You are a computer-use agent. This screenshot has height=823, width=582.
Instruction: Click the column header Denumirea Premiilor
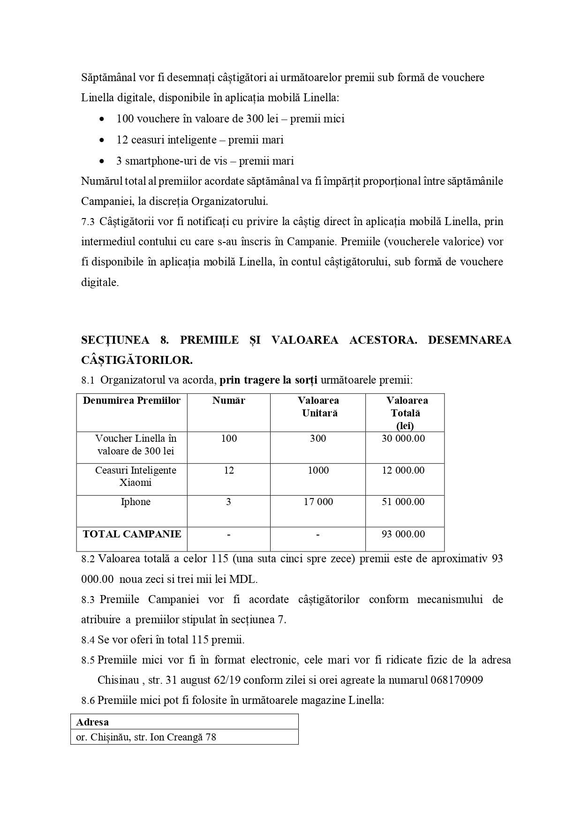132,400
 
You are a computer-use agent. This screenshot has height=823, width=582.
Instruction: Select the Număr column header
228,400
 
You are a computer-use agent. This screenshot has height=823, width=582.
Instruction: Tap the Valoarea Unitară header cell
318,407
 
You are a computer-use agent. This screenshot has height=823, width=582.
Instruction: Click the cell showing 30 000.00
403,438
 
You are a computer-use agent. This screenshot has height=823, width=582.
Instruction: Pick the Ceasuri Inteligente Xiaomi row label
136,476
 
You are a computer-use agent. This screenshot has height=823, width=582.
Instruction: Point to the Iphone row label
136,502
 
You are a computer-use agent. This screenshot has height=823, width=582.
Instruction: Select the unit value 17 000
318,502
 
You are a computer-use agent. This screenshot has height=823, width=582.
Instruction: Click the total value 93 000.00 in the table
403,534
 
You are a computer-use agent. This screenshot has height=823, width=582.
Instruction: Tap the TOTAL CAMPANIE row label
132,534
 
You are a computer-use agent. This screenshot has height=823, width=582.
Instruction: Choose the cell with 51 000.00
403,502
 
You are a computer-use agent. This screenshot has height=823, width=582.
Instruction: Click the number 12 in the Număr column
228,470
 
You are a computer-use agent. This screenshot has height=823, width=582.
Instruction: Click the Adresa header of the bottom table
92,722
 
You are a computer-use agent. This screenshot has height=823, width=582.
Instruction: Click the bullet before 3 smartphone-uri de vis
102,161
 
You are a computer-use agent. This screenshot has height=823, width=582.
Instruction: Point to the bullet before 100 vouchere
102,119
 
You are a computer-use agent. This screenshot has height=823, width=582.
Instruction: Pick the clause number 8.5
88,660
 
